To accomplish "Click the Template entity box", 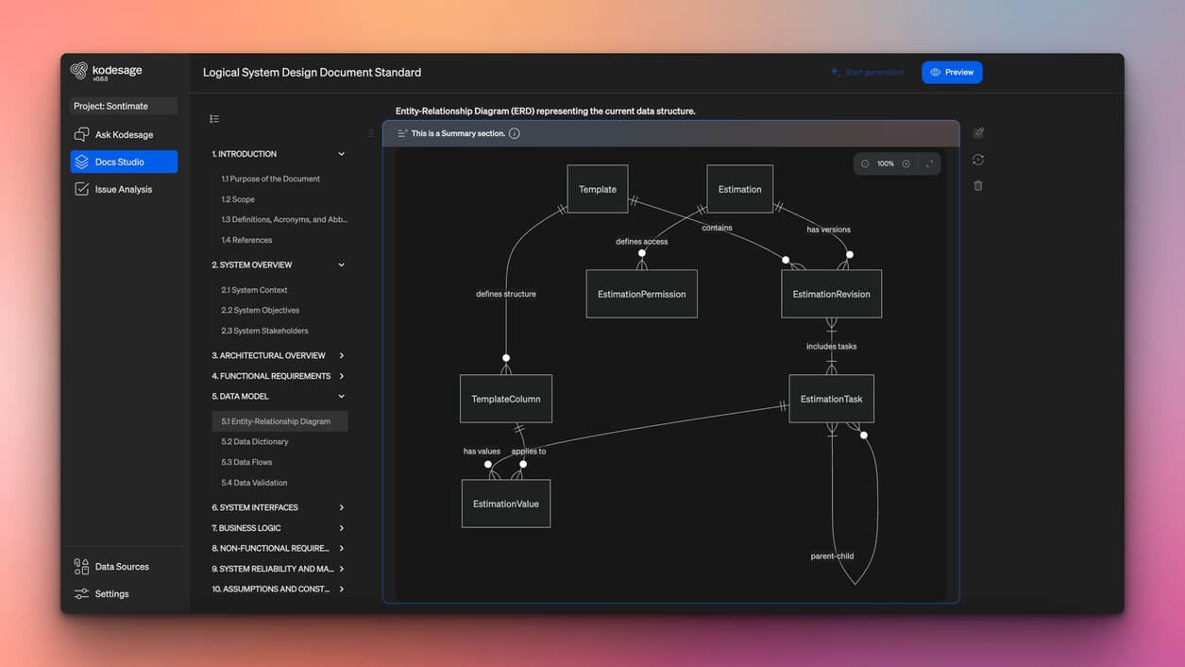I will click(597, 189).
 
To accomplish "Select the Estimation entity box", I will click(739, 189).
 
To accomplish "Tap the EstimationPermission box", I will click(641, 294).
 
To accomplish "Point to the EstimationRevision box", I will click(831, 294).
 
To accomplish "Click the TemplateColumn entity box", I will click(505, 399).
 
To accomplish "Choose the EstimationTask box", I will click(831, 399).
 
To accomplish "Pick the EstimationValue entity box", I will click(505, 504).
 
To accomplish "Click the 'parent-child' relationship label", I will click(832, 556).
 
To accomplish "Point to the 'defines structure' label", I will click(506, 294).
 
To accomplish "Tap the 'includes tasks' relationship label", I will click(831, 347).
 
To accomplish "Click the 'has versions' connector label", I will click(828, 230).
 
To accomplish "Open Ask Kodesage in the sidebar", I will click(124, 135).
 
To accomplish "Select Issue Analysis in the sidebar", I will click(123, 189).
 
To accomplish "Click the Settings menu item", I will click(111, 594).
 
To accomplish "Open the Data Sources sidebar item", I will click(122, 567).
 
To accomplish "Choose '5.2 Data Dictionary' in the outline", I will click(255, 442).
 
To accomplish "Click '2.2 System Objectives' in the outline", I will click(260, 311).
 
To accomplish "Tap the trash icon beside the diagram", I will click(978, 186).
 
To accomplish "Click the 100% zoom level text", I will click(885, 164).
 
